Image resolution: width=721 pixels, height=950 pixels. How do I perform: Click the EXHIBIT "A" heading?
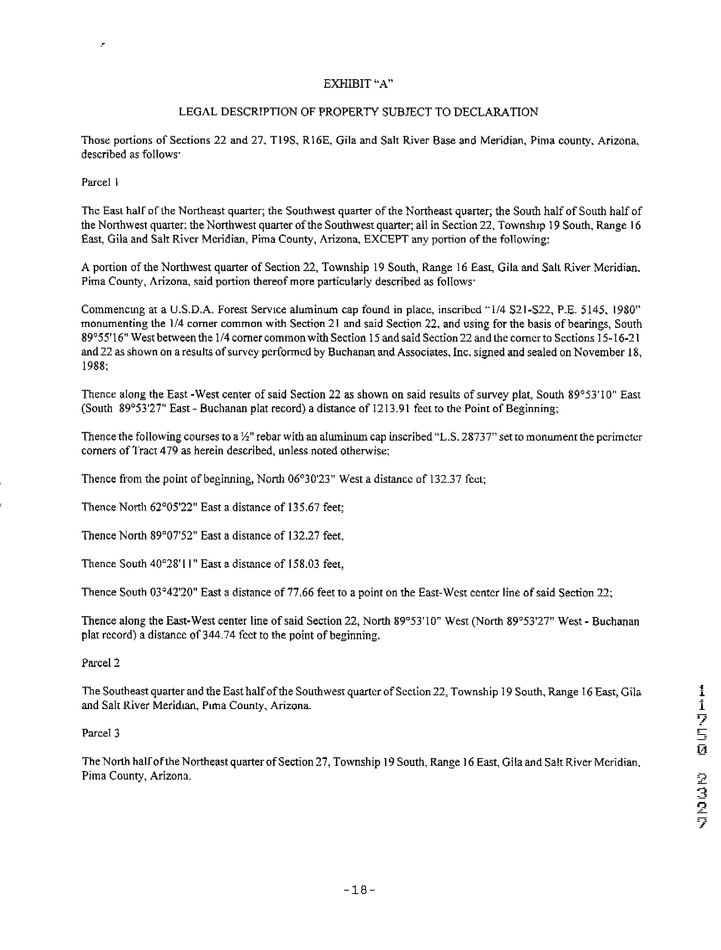coord(359,84)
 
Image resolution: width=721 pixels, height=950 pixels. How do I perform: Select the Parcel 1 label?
coord(100,182)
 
